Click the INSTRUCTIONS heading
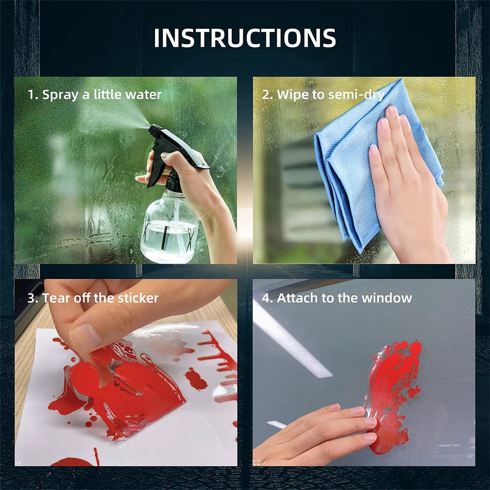tap(245, 38)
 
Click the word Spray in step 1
tap(60, 95)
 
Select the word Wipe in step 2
tap(293, 95)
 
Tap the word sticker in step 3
tap(139, 298)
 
